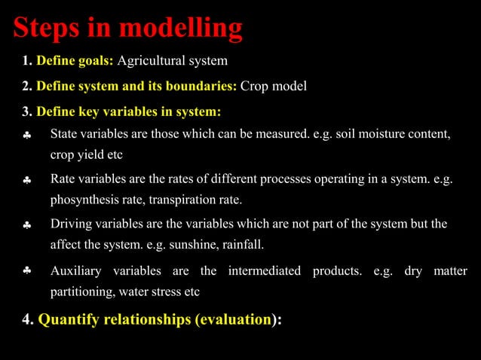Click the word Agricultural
(x=151, y=60)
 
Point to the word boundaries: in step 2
(x=201, y=86)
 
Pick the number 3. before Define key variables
(x=27, y=111)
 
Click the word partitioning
(x=81, y=291)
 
